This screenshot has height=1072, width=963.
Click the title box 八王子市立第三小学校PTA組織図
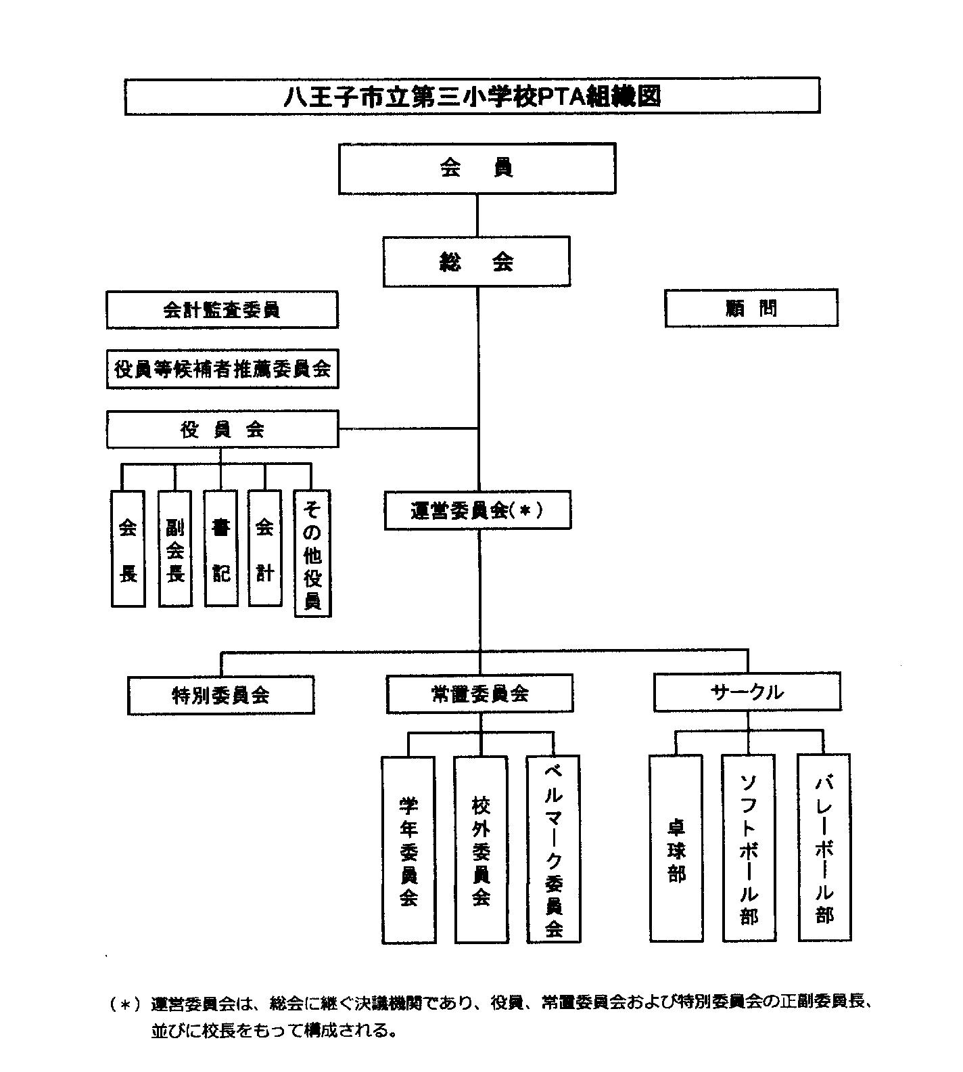pos(472,96)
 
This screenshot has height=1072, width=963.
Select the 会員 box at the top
pos(477,168)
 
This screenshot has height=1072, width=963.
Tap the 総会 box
pos(477,262)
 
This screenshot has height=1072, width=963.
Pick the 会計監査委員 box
pos(222,310)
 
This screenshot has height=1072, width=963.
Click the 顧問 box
pos(751,309)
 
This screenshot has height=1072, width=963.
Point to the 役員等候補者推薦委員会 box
pos(222,369)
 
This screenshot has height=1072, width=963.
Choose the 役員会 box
pos(222,429)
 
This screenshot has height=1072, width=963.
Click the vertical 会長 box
pos(128,549)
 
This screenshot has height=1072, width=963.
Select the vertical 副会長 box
pos(174,549)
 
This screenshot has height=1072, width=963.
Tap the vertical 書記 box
pos(220,549)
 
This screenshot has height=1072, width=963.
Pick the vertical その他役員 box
pos(312,554)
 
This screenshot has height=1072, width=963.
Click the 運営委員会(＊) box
pos(477,511)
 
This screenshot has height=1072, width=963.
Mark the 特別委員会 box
pos(221,695)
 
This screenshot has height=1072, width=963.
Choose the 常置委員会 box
pos(479,694)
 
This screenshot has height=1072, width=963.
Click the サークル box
pos(747,692)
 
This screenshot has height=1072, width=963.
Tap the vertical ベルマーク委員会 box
pos(554,849)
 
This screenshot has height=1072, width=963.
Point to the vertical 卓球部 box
pos(676,849)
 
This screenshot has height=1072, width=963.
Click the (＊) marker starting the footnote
pos(124,1004)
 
